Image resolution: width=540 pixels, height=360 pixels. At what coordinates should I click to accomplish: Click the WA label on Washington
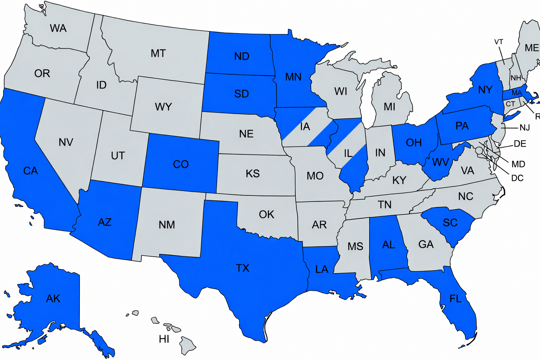click(x=58, y=28)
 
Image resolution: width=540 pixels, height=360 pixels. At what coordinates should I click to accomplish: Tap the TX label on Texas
click(x=243, y=268)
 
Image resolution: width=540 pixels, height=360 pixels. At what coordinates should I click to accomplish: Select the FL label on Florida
click(x=455, y=299)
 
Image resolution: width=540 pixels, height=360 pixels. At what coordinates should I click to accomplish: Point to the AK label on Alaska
click(x=53, y=298)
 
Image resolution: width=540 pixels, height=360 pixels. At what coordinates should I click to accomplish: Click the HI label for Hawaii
click(x=164, y=339)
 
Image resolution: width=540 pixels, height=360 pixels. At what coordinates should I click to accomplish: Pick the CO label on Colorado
click(x=181, y=164)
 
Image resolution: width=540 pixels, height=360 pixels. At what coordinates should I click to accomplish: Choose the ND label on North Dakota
click(x=242, y=56)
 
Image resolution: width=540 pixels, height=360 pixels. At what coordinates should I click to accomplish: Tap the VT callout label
click(x=499, y=42)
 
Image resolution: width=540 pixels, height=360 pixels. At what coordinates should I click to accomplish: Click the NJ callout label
click(x=525, y=128)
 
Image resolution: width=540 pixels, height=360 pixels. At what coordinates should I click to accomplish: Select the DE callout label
click(x=520, y=144)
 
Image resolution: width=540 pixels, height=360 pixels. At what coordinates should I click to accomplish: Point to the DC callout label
click(x=517, y=178)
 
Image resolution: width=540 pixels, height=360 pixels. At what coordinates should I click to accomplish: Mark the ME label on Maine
click(x=532, y=48)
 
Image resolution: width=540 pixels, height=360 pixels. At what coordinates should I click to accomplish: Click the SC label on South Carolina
click(x=450, y=223)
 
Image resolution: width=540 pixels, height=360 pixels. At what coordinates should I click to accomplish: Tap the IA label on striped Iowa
click(x=305, y=127)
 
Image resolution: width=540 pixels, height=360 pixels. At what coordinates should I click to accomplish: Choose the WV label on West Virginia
click(x=440, y=162)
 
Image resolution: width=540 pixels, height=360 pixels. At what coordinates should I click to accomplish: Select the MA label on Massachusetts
click(x=516, y=93)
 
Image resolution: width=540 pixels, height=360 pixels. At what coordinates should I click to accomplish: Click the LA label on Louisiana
click(x=321, y=269)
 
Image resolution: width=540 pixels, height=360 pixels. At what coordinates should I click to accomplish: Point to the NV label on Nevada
click(x=66, y=142)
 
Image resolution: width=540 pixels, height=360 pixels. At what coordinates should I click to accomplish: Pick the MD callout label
click(x=518, y=164)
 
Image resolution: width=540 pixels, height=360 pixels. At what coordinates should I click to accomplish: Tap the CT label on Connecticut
click(x=510, y=104)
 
